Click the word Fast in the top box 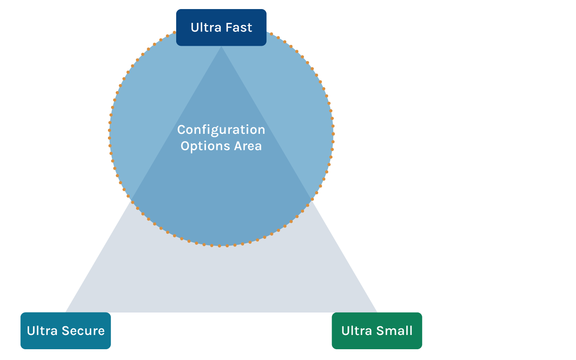(239, 28)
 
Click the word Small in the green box (394, 331)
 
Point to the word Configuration (221, 129)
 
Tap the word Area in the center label (248, 146)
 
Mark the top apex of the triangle (222, 47)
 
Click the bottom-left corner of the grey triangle (66, 312)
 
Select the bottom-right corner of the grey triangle (377, 312)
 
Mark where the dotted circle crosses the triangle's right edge (312, 199)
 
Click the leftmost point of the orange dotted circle (109, 134)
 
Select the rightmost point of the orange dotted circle (333, 134)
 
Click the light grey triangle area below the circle (221, 281)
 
